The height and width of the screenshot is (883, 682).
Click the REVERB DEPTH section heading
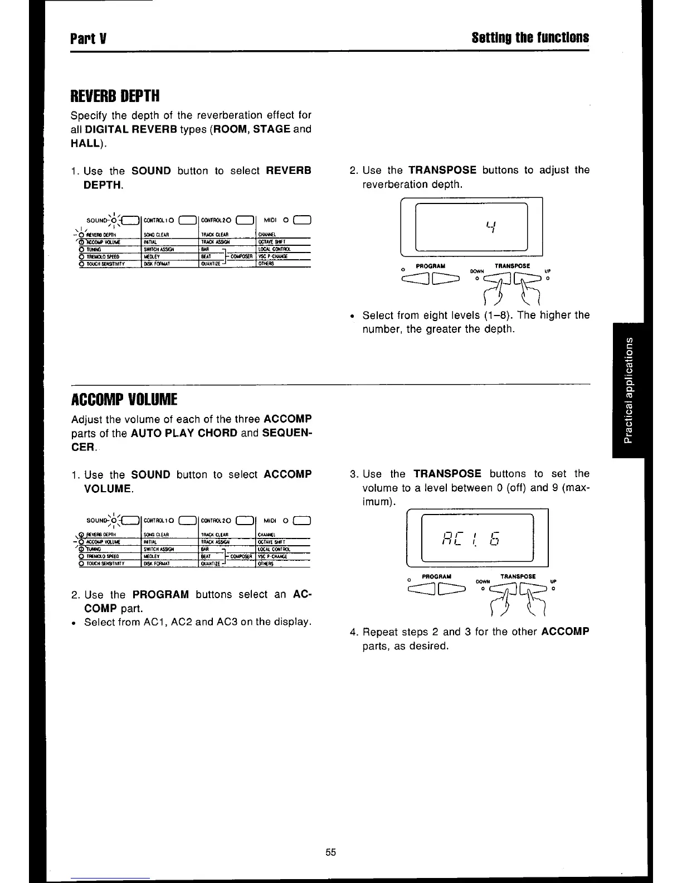tap(115, 96)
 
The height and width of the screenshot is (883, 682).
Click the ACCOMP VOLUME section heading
tap(124, 400)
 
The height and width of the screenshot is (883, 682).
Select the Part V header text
tap(88, 38)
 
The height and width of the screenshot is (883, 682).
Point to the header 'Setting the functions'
tap(530, 38)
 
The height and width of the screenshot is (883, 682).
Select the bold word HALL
tap(86, 143)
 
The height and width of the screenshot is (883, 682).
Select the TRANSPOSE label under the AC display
tap(518, 576)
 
